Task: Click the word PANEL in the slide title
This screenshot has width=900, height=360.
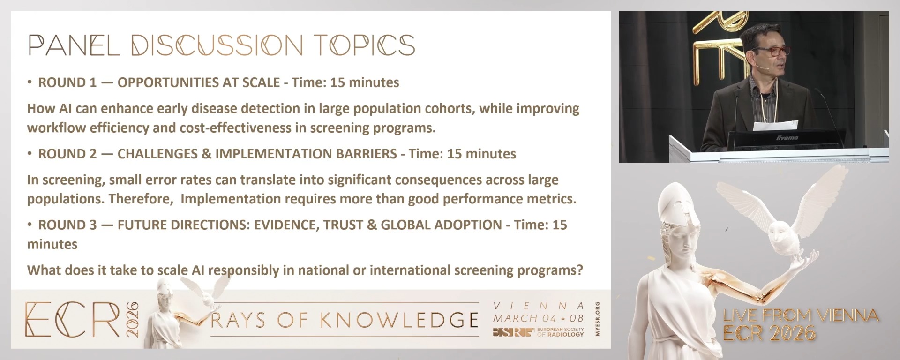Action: click(x=74, y=45)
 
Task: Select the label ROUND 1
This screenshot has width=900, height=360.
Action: click(x=67, y=82)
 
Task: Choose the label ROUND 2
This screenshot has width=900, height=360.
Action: click(x=67, y=154)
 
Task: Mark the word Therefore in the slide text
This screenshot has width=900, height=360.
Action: click(x=140, y=199)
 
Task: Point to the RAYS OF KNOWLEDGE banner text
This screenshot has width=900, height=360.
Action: click(x=345, y=320)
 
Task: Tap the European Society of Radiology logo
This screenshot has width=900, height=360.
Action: click(x=539, y=332)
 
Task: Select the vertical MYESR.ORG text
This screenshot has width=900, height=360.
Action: click(x=597, y=319)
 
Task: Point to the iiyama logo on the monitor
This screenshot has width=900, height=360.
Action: click(x=787, y=138)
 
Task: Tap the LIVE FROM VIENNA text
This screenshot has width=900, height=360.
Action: click(x=801, y=315)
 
